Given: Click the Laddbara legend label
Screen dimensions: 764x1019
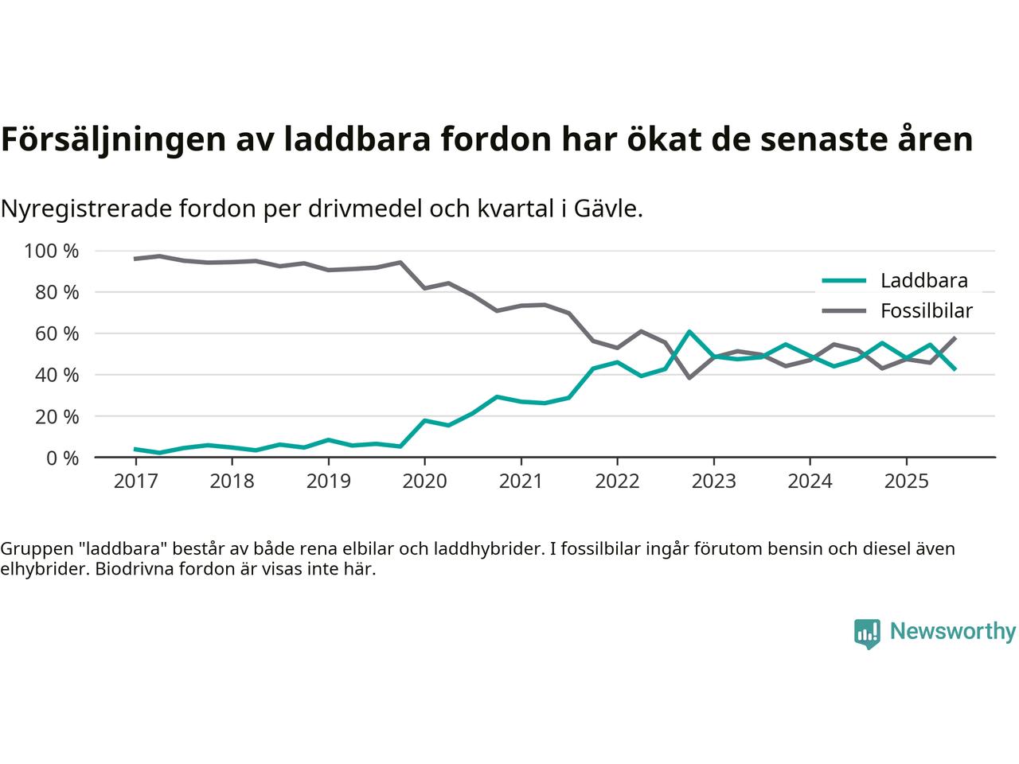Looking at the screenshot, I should [x=923, y=280].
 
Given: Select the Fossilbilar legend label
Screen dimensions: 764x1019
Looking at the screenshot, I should [x=927, y=310].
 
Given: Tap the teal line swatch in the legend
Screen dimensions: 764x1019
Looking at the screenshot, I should [x=844, y=280].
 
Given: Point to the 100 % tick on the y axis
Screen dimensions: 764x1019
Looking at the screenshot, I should [x=52, y=251].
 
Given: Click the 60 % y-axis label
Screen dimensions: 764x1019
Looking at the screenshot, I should [x=56, y=333].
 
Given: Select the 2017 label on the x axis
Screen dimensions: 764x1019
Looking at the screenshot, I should [x=135, y=481].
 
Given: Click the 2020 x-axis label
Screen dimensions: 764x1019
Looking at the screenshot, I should [x=424, y=481].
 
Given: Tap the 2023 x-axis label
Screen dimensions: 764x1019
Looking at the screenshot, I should [x=713, y=481].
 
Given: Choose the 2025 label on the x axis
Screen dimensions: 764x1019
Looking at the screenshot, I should [x=906, y=481].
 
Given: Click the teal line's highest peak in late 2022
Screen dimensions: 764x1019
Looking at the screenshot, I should [x=689, y=331].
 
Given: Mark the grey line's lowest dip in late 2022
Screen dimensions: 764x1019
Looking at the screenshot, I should [x=689, y=377].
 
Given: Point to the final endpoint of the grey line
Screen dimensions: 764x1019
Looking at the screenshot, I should [x=955, y=338].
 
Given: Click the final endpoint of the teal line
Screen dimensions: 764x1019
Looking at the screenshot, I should [x=955, y=368].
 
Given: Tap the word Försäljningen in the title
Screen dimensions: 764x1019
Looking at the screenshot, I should [x=112, y=139].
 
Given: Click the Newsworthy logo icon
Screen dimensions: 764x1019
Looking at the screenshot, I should [x=867, y=633].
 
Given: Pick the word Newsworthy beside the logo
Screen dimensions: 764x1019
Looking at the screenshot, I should [x=952, y=632].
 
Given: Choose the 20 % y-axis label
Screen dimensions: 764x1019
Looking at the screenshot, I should [x=56, y=416].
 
